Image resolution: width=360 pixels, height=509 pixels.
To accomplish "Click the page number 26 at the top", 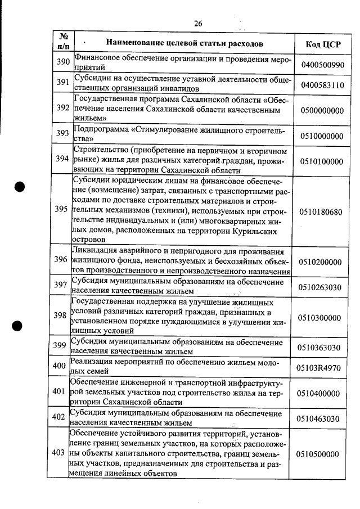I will pos(198,23).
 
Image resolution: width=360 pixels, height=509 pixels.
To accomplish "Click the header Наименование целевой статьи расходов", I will pos(184,43).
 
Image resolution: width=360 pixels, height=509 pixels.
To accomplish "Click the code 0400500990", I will pos(322,65).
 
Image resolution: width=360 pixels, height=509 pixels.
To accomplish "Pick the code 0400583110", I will pos(322,85).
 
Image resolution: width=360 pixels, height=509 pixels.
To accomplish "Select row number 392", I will pos(62,108).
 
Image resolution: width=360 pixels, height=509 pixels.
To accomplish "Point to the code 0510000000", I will pos(322,136).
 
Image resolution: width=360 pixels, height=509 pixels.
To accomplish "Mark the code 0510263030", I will pos(322,287).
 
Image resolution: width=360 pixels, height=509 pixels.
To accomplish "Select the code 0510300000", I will pos(322,318).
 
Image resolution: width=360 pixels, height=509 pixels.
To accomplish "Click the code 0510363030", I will pos(322,347).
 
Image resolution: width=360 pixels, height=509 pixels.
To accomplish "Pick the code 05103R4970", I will pos(322,368).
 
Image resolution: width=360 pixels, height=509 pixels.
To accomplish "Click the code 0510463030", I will pos(322,418).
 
